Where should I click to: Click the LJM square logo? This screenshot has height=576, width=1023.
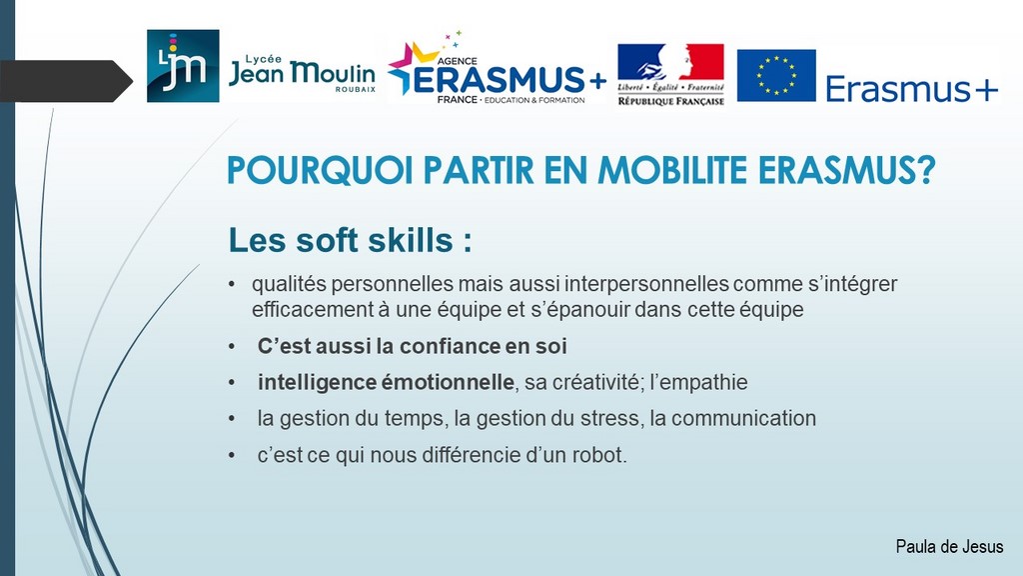coord(183,66)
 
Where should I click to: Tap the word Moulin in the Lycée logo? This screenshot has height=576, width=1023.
coord(332,72)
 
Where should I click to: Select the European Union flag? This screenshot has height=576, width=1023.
coord(776,75)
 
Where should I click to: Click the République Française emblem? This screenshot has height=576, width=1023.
coord(670,74)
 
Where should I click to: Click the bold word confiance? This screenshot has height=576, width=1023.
coord(449,345)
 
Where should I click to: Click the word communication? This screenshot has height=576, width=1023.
coord(743,418)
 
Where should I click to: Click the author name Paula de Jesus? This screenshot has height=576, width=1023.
coord(949,546)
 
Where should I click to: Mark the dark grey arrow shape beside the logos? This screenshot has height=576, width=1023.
coord(66,81)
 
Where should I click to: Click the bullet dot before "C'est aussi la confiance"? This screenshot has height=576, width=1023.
coord(232,346)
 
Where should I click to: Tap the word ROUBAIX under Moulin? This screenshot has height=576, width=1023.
coord(356,89)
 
